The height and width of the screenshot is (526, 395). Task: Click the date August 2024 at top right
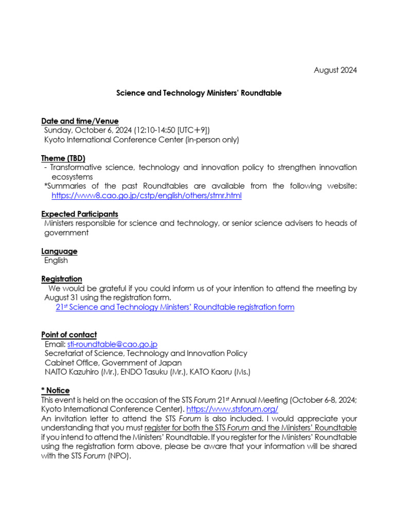click(x=335, y=70)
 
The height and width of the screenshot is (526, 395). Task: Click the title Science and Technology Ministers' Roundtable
click(x=199, y=93)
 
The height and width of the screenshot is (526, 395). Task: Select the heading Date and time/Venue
click(x=80, y=121)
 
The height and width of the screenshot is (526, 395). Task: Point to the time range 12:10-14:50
click(x=155, y=130)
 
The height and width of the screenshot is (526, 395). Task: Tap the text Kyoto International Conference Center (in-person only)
click(x=141, y=140)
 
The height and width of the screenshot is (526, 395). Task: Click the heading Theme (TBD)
click(x=63, y=158)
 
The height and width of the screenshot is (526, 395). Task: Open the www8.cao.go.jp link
click(x=147, y=196)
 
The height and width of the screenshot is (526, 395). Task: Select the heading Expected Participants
click(x=80, y=214)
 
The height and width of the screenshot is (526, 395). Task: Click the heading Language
click(x=59, y=251)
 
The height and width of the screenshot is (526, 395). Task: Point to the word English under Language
click(x=56, y=260)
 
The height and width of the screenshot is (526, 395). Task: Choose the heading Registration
click(x=62, y=279)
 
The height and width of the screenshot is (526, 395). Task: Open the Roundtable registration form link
click(x=175, y=307)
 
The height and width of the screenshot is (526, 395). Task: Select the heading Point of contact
click(x=69, y=335)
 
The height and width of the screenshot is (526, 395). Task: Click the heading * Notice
click(x=55, y=390)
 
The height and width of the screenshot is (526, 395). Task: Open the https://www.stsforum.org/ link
click(x=232, y=409)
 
